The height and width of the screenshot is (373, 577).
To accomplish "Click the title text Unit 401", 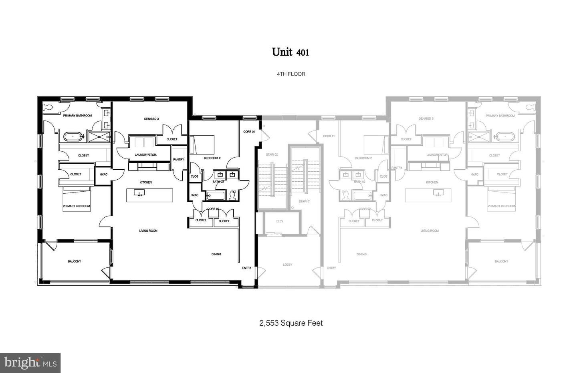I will tap(290, 52).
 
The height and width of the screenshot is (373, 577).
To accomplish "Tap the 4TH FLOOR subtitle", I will tap(291, 74).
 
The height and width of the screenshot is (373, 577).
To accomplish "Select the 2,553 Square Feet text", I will tap(291, 323).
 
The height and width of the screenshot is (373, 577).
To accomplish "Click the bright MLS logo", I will tap(30, 363).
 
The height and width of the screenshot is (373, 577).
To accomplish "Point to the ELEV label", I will tap(280, 221).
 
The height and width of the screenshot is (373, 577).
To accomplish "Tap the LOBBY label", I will tap(287, 265).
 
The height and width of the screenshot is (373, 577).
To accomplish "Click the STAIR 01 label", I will tap(305, 201).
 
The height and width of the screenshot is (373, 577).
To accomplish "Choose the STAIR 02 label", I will tap(272, 154).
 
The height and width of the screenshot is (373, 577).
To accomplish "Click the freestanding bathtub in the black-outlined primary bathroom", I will tap(73, 137).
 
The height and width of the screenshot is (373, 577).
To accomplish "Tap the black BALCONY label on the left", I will tap(75, 261).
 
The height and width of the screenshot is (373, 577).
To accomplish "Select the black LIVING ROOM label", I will tap(148, 231).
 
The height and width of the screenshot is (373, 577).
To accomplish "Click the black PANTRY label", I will tap(179, 160).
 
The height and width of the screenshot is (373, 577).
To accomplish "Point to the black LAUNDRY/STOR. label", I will tap(146, 154).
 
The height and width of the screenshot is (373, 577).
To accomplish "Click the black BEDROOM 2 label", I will tap(212, 158).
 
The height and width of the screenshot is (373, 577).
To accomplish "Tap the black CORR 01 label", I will tap(249, 132).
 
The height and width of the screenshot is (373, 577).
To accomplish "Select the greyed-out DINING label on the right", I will tap(361, 254).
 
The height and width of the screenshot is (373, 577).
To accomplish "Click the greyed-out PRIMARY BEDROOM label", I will tap(501, 206).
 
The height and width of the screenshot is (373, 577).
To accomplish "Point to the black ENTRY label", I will tap(247, 268).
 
